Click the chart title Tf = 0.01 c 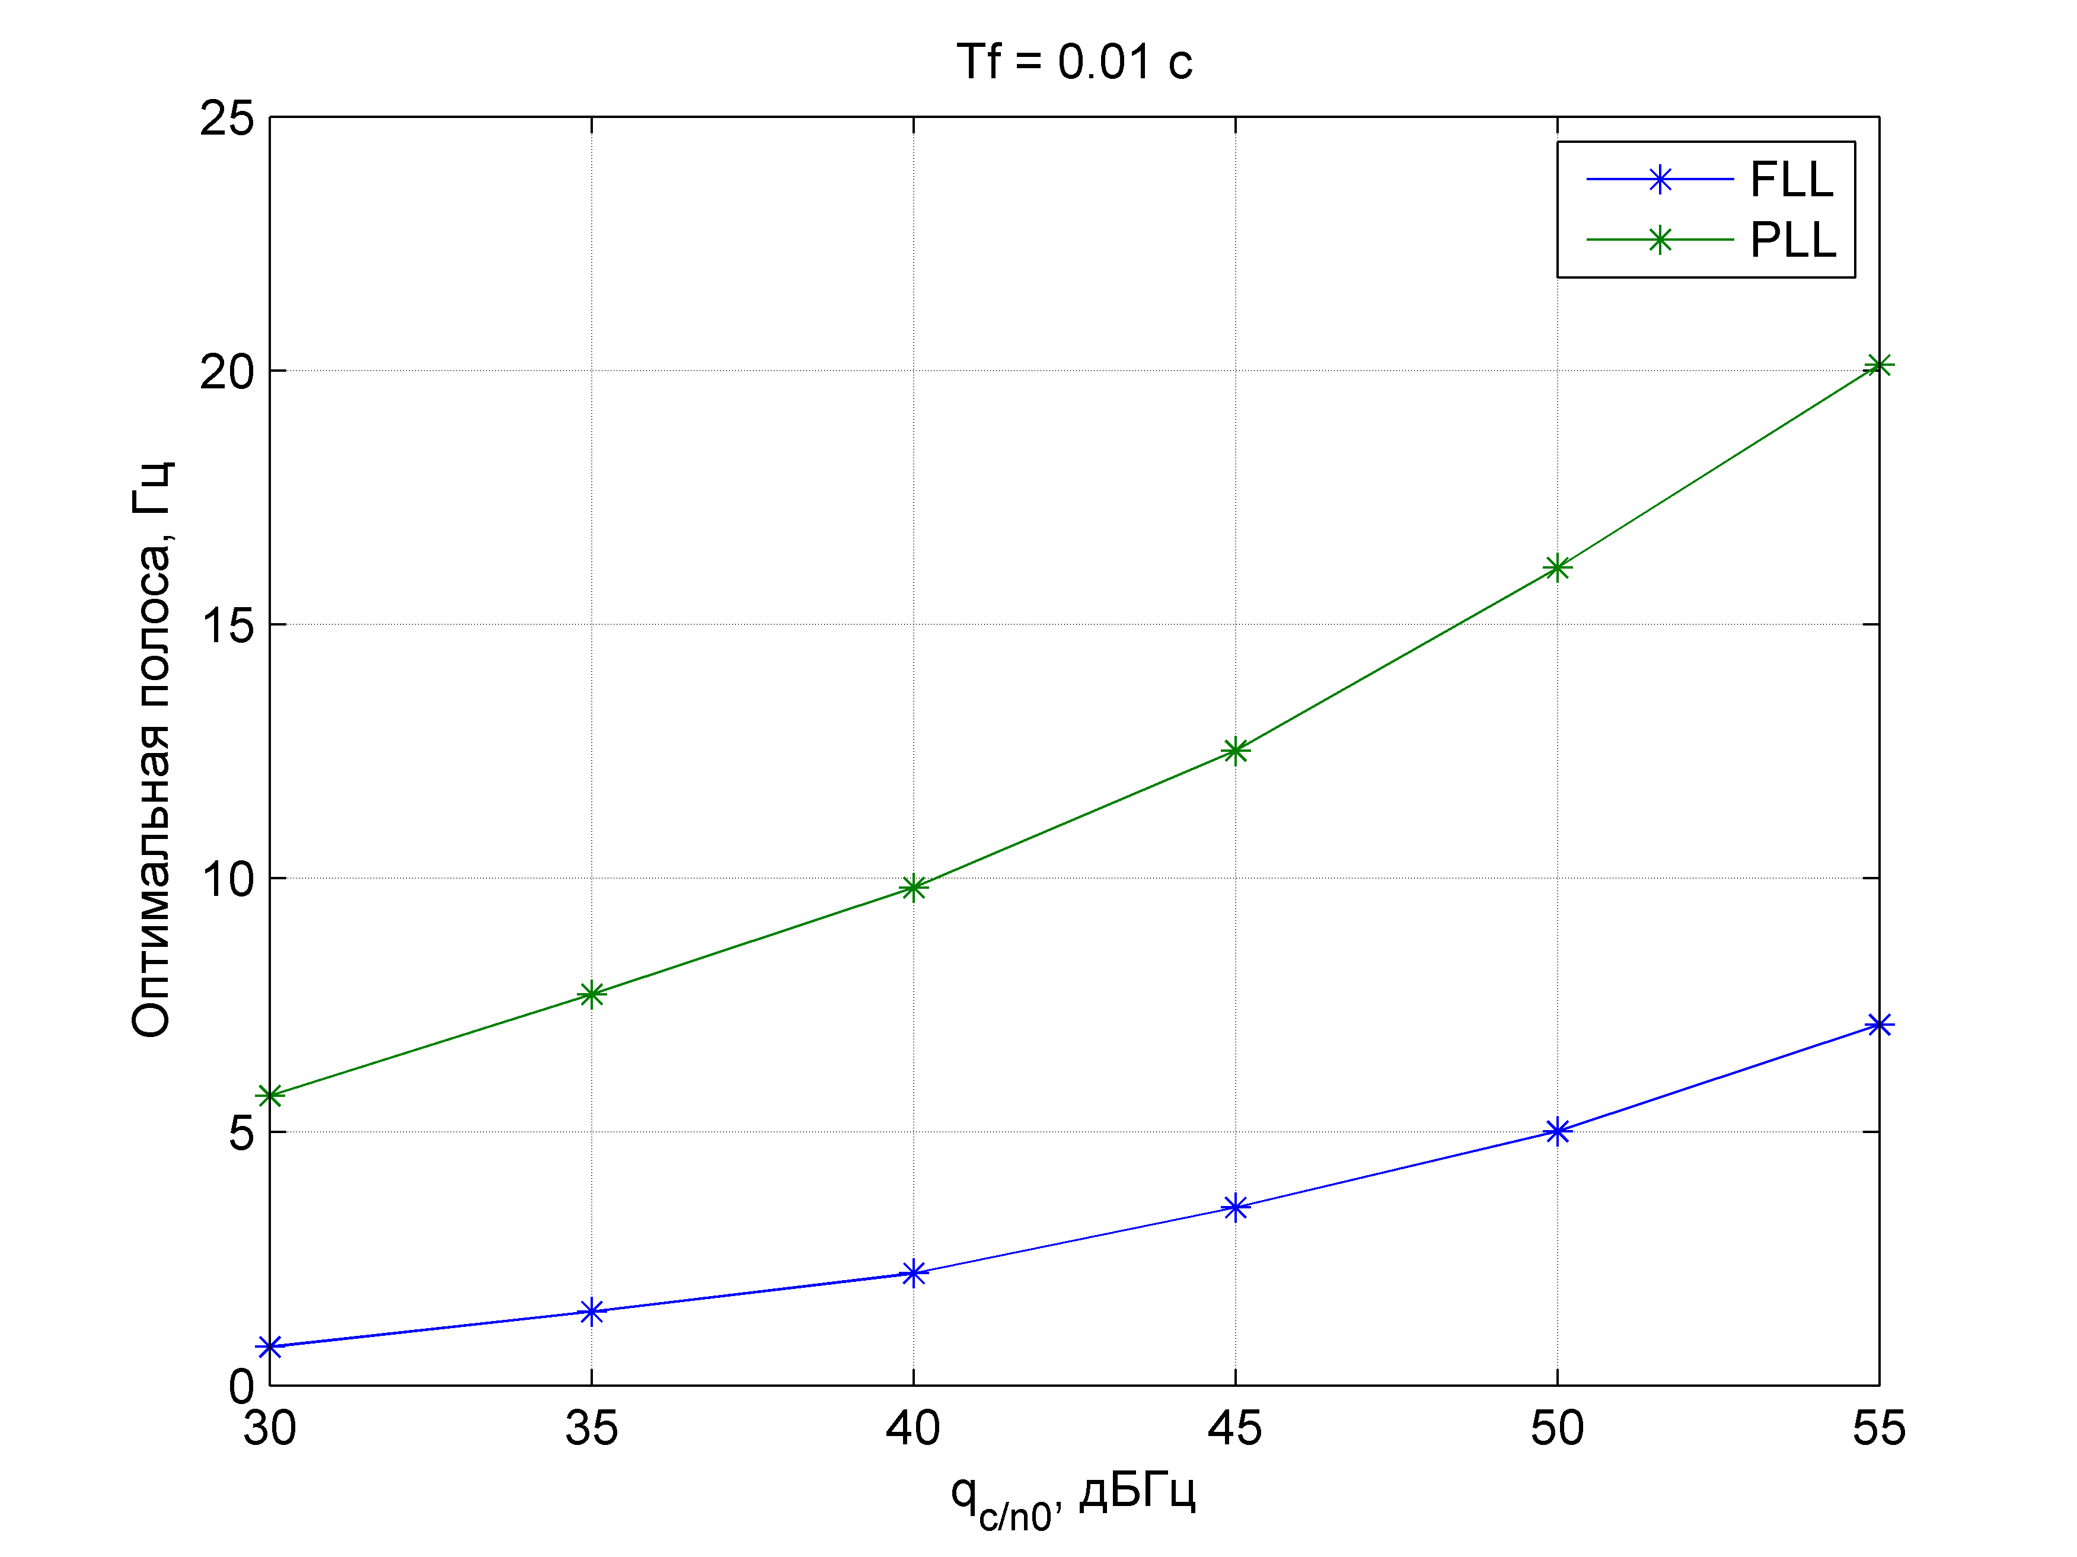point(1074,62)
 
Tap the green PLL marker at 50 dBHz point(1558,567)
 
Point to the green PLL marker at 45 point(1236,750)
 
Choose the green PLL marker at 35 point(592,994)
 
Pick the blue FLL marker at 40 point(914,1274)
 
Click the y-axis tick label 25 point(227,119)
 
